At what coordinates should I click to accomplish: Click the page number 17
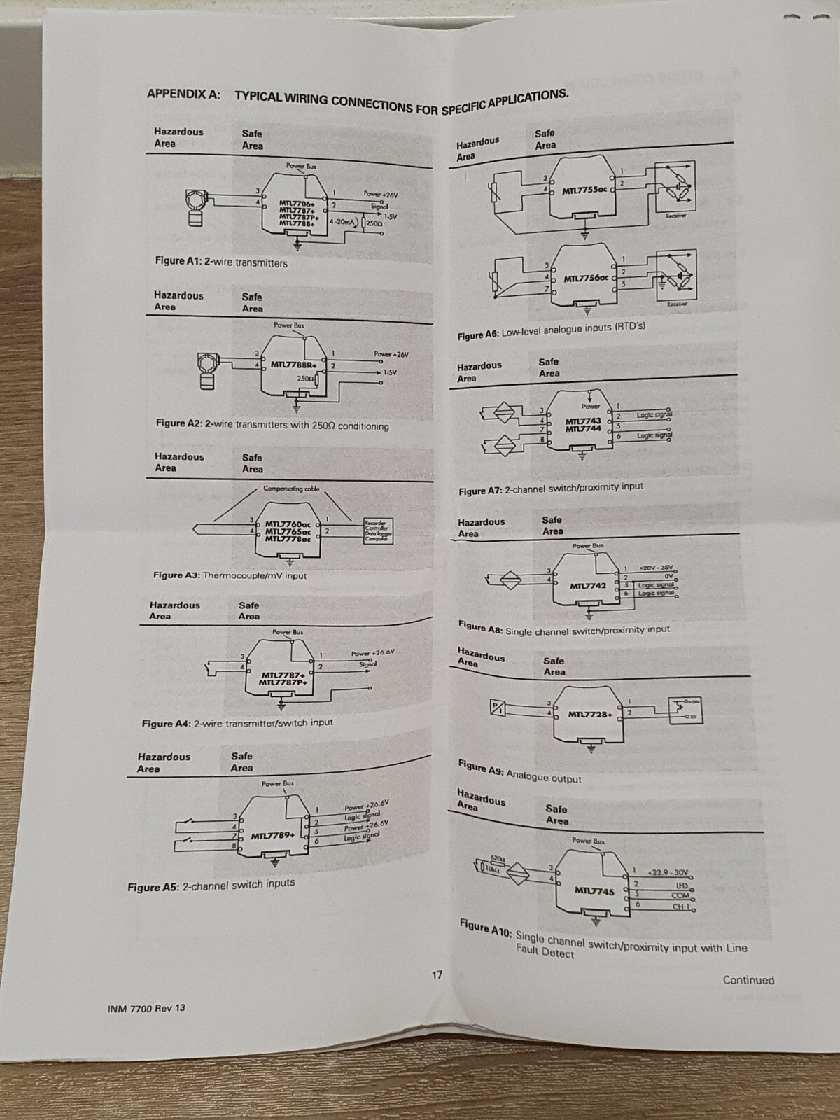437,974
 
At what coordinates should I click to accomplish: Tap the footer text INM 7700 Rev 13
147,1008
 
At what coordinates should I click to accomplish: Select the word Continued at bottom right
748,980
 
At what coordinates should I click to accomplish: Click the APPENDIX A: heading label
183,94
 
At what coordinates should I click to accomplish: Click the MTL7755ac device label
585,190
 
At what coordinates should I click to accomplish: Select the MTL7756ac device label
587,279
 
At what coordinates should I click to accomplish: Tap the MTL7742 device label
588,586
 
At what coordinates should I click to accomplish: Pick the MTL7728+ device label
590,715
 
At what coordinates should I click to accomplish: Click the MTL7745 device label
594,891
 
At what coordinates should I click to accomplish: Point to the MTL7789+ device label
273,836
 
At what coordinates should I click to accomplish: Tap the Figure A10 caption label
486,928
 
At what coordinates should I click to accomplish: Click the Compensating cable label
291,489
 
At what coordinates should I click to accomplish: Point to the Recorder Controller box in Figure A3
377,531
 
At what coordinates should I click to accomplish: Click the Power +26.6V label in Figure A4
372,653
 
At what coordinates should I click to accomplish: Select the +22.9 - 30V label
668,872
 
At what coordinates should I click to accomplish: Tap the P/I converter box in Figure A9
496,708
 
